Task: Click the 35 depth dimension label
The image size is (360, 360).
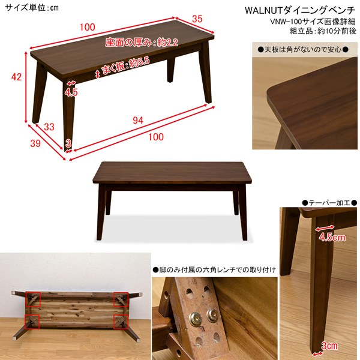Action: (197, 19)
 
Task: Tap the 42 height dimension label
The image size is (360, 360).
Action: (17, 77)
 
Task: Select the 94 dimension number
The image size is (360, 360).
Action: (138, 121)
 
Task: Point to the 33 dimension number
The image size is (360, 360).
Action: (49, 127)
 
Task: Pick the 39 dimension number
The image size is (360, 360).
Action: (35, 143)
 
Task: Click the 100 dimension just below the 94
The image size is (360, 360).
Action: (156, 137)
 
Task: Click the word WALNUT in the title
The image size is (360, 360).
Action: (264, 11)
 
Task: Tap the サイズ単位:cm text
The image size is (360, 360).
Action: (32, 8)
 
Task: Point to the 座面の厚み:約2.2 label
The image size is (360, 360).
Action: (142, 43)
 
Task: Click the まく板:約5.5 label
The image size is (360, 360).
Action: (125, 65)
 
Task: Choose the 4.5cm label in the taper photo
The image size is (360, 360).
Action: (332, 237)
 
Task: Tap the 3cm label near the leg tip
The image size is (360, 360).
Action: (329, 346)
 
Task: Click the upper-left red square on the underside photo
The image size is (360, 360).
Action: (33, 299)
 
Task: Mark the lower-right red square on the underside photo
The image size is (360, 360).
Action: (121, 322)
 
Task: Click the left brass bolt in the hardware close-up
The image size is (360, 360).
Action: (196, 319)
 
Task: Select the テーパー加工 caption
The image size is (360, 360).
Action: (329, 203)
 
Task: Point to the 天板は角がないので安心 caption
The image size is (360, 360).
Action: (303, 49)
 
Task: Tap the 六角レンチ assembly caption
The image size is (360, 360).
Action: (214, 269)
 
